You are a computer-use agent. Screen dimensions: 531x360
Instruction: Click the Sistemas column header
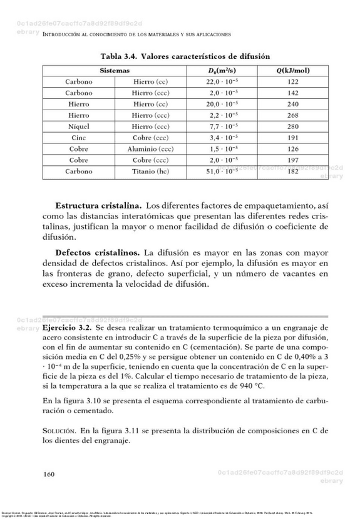(115, 71)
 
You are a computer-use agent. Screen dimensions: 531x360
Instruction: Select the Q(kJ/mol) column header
(293, 71)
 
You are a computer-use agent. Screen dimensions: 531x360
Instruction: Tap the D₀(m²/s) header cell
(222, 71)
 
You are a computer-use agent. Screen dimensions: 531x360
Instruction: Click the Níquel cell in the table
(79, 126)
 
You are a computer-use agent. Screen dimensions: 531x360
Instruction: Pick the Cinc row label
(79, 138)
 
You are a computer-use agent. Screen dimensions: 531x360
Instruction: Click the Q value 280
(293, 126)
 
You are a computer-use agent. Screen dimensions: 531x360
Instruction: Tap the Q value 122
(293, 82)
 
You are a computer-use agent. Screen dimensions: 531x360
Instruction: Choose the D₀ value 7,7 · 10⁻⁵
(222, 126)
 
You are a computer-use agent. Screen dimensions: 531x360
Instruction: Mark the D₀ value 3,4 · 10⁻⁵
(222, 138)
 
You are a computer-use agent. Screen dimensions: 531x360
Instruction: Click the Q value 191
(293, 138)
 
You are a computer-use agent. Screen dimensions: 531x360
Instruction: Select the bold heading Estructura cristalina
(98, 205)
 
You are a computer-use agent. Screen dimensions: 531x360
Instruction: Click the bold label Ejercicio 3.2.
(67, 327)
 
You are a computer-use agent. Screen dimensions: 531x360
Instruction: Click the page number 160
(49, 474)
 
